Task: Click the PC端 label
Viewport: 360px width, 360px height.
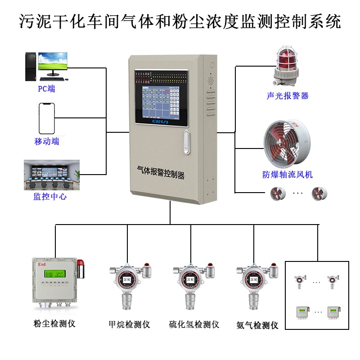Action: click(46, 89)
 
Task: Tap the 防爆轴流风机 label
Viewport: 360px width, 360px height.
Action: click(288, 175)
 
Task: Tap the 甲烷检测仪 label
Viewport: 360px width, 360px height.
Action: click(129, 324)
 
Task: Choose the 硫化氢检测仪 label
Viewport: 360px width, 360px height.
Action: click(194, 324)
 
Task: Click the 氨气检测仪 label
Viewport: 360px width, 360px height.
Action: click(257, 325)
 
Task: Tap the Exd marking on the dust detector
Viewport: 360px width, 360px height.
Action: click(42, 264)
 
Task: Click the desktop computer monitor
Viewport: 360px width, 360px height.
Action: click(53, 62)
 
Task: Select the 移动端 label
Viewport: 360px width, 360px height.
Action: click(46, 141)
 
